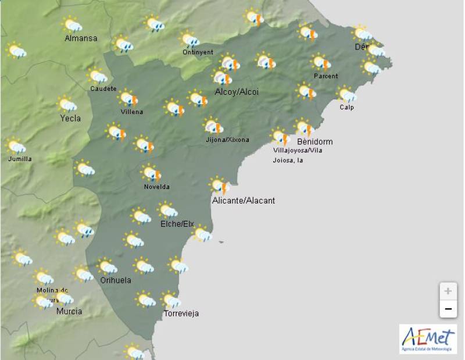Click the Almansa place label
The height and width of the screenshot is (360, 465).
coord(81,38)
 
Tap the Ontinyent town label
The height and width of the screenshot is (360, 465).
coord(194,52)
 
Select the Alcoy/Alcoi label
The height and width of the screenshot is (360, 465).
coord(237,92)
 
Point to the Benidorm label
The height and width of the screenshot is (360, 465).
coord(314,141)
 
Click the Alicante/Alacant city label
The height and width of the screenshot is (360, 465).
coord(244,201)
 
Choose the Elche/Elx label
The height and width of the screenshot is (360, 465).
coord(177,224)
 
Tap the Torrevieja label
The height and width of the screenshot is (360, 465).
coord(181,313)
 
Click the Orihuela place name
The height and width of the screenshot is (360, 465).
coord(116,280)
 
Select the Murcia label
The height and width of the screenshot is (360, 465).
coord(69,311)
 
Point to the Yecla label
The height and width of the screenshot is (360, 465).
coord(70,118)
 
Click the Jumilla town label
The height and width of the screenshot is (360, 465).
coord(20,159)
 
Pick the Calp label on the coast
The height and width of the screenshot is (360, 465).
coord(347,107)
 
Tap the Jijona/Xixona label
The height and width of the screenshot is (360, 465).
coord(227,140)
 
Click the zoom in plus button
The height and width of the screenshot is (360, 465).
coord(448,291)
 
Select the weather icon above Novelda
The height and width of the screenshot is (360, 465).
coord(151,173)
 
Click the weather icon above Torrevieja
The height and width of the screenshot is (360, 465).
coord(171,300)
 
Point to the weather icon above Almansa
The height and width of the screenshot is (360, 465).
coord(72,24)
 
